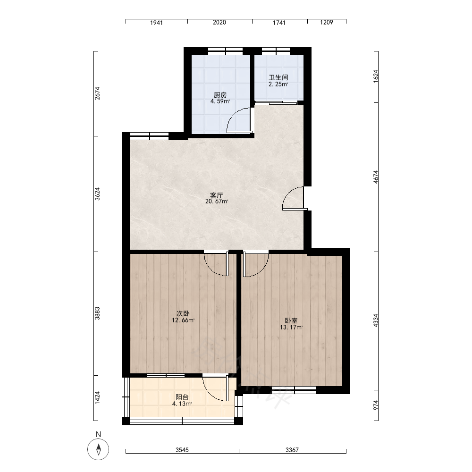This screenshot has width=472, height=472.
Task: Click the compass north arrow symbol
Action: tap(98, 449)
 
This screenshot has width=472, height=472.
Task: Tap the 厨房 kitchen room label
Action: tap(220, 95)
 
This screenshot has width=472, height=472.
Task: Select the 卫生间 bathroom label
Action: tap(278, 78)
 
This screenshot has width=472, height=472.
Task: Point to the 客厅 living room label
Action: tap(217, 195)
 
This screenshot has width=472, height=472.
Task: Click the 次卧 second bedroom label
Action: tap(183, 314)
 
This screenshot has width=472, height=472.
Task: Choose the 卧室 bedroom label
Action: tap(291, 321)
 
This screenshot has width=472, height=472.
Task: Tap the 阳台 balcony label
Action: tap(182, 397)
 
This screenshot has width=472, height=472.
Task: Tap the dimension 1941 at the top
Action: tap(157, 23)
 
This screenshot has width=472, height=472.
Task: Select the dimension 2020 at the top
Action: tap(219, 23)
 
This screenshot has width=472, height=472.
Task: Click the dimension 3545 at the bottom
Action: tap(182, 450)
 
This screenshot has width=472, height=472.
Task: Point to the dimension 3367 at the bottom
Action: tap(292, 450)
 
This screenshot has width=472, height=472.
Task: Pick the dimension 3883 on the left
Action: tap(97, 313)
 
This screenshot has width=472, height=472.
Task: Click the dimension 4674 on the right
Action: tap(376, 177)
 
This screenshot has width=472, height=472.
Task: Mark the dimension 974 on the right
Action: tap(376, 405)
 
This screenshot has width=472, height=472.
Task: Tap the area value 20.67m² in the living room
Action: tap(217, 202)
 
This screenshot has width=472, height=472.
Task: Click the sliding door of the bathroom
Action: tap(276, 102)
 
